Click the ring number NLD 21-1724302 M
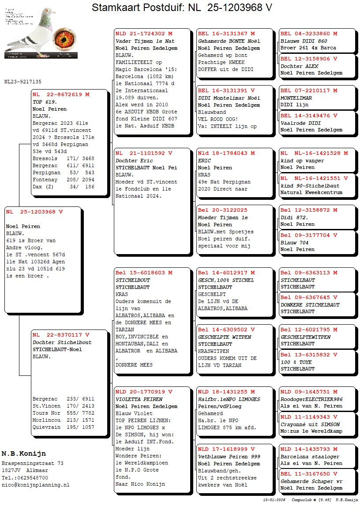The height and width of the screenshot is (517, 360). [x=144, y=34]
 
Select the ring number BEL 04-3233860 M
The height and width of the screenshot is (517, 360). [x=309, y=34]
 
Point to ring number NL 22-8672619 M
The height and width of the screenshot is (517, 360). [x=61, y=94]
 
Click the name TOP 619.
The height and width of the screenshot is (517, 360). [x=45, y=102]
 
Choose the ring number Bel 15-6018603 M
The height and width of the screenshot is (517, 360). [x=144, y=273]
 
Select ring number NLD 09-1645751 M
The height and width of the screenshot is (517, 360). [x=309, y=392]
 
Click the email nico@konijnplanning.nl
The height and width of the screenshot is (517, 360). [x=35, y=485]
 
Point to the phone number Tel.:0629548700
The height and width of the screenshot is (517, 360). [x=25, y=478]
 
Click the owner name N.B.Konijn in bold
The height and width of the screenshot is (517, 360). [x=23, y=454]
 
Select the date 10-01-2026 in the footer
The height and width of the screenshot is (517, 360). [x=274, y=500]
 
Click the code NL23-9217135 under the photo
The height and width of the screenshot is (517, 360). [x=23, y=82]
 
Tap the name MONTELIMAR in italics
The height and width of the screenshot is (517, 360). [x=296, y=98]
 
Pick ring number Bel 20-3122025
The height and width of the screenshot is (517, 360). [x=223, y=210]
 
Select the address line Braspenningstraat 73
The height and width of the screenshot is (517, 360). [x=33, y=464]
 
